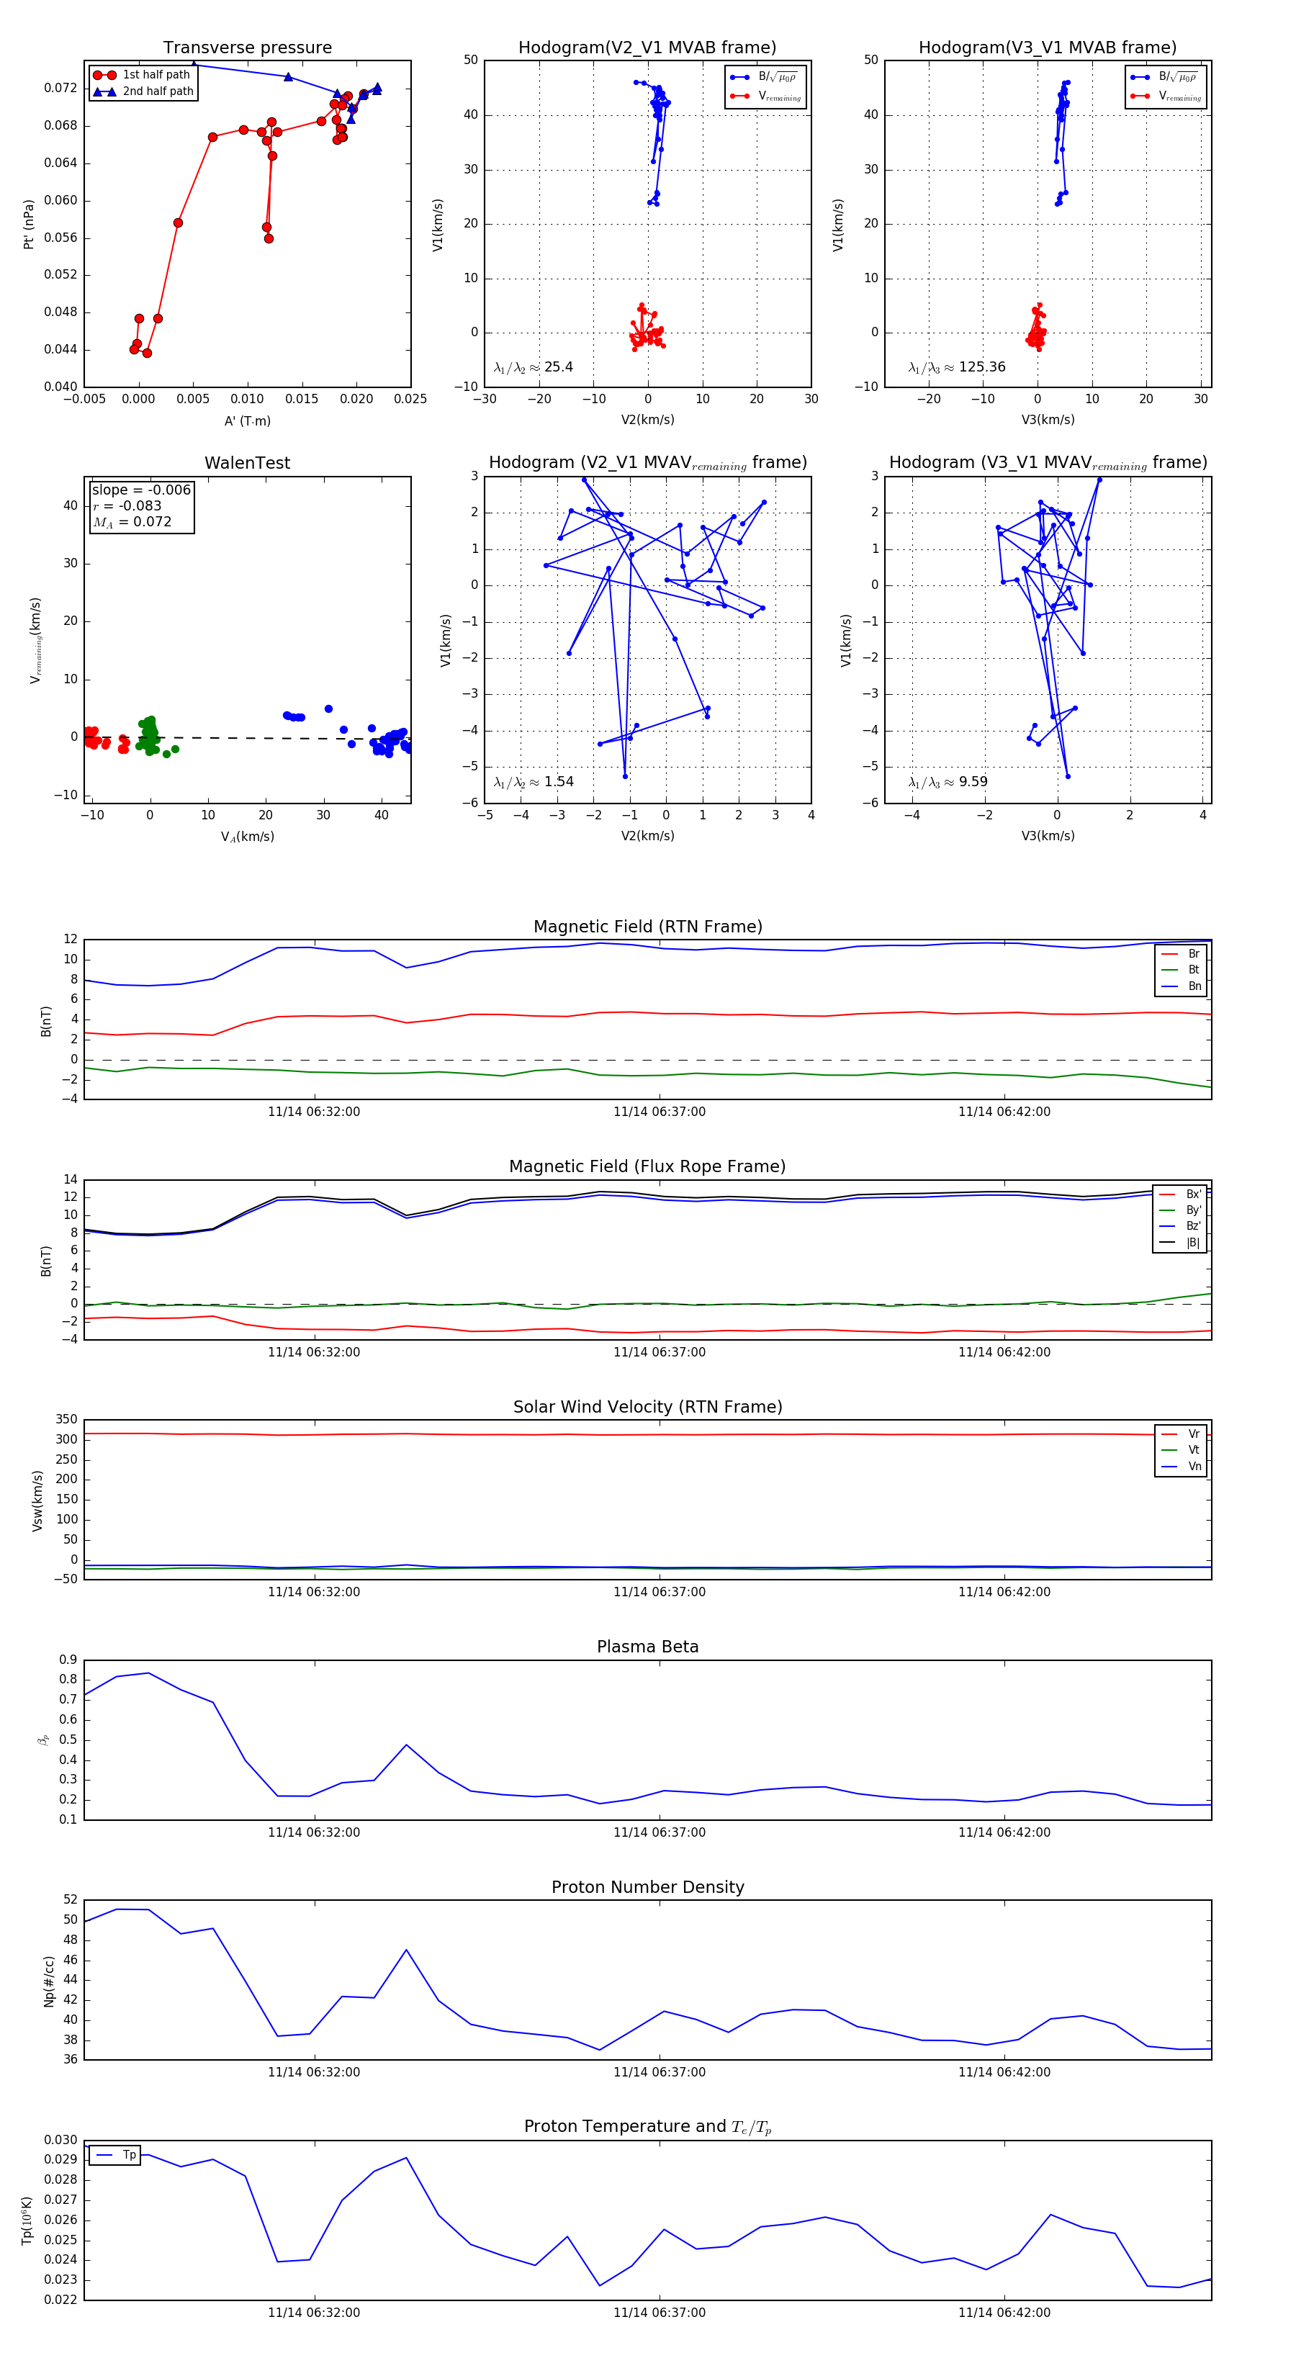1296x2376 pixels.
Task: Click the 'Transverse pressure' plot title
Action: (x=247, y=48)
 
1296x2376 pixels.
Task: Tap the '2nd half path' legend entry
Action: (x=158, y=91)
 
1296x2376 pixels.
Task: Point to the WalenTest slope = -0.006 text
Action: (x=141, y=490)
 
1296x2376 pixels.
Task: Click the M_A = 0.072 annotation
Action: (x=132, y=522)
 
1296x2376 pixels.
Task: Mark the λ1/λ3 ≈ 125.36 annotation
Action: (x=957, y=367)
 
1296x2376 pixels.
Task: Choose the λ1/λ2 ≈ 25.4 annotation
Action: (x=533, y=367)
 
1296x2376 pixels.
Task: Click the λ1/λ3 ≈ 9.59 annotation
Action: (x=948, y=782)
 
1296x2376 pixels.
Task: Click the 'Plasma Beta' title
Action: (x=647, y=1647)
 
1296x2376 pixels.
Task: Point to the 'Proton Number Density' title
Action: (x=647, y=1887)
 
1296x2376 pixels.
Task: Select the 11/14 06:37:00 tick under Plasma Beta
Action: (x=660, y=1832)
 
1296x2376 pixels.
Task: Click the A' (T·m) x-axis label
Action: (x=247, y=421)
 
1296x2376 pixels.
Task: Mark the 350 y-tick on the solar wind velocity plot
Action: (x=66, y=1420)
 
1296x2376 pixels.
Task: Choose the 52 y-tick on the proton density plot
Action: (x=70, y=1900)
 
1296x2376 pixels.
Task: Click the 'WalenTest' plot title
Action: (x=247, y=463)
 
